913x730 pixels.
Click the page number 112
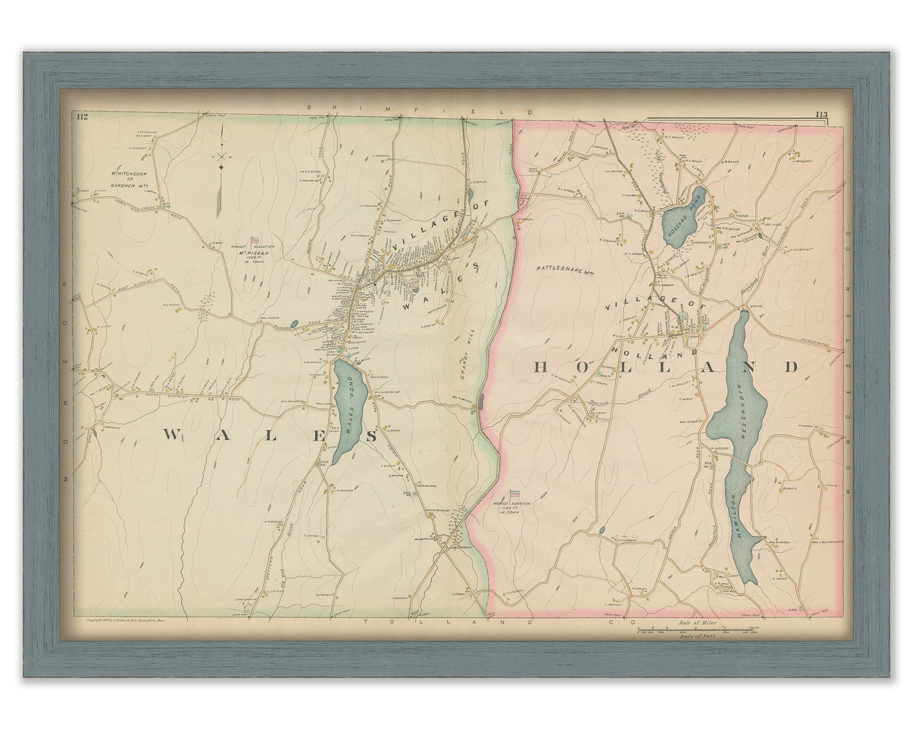tap(81, 117)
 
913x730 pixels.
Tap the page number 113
tap(820, 115)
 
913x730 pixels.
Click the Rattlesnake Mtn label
tap(559, 268)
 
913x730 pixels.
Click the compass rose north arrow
tap(221, 156)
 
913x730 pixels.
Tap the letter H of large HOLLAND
tap(544, 367)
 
